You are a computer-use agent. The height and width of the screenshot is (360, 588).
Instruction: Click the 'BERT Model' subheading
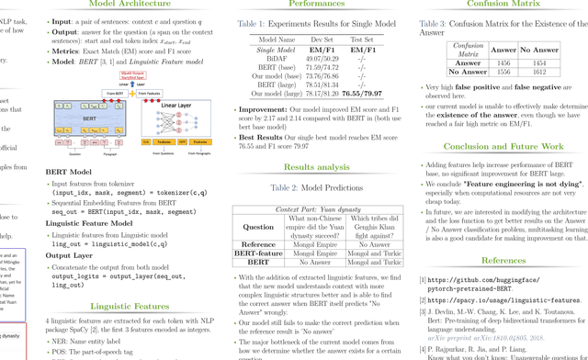71,172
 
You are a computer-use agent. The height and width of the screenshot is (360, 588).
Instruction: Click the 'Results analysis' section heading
315,167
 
